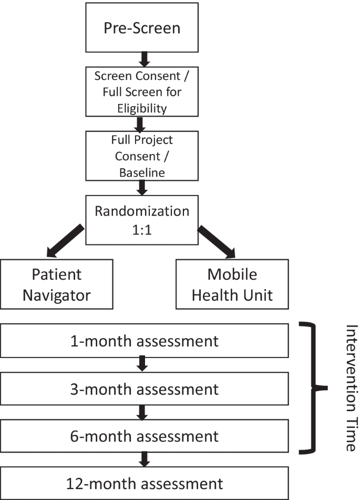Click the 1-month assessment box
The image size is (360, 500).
[x=144, y=341]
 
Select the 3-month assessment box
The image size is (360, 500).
[x=144, y=389]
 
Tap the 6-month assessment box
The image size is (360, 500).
[x=144, y=436]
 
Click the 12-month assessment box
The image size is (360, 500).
[x=144, y=483]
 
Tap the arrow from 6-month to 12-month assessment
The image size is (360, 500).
[x=144, y=459]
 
